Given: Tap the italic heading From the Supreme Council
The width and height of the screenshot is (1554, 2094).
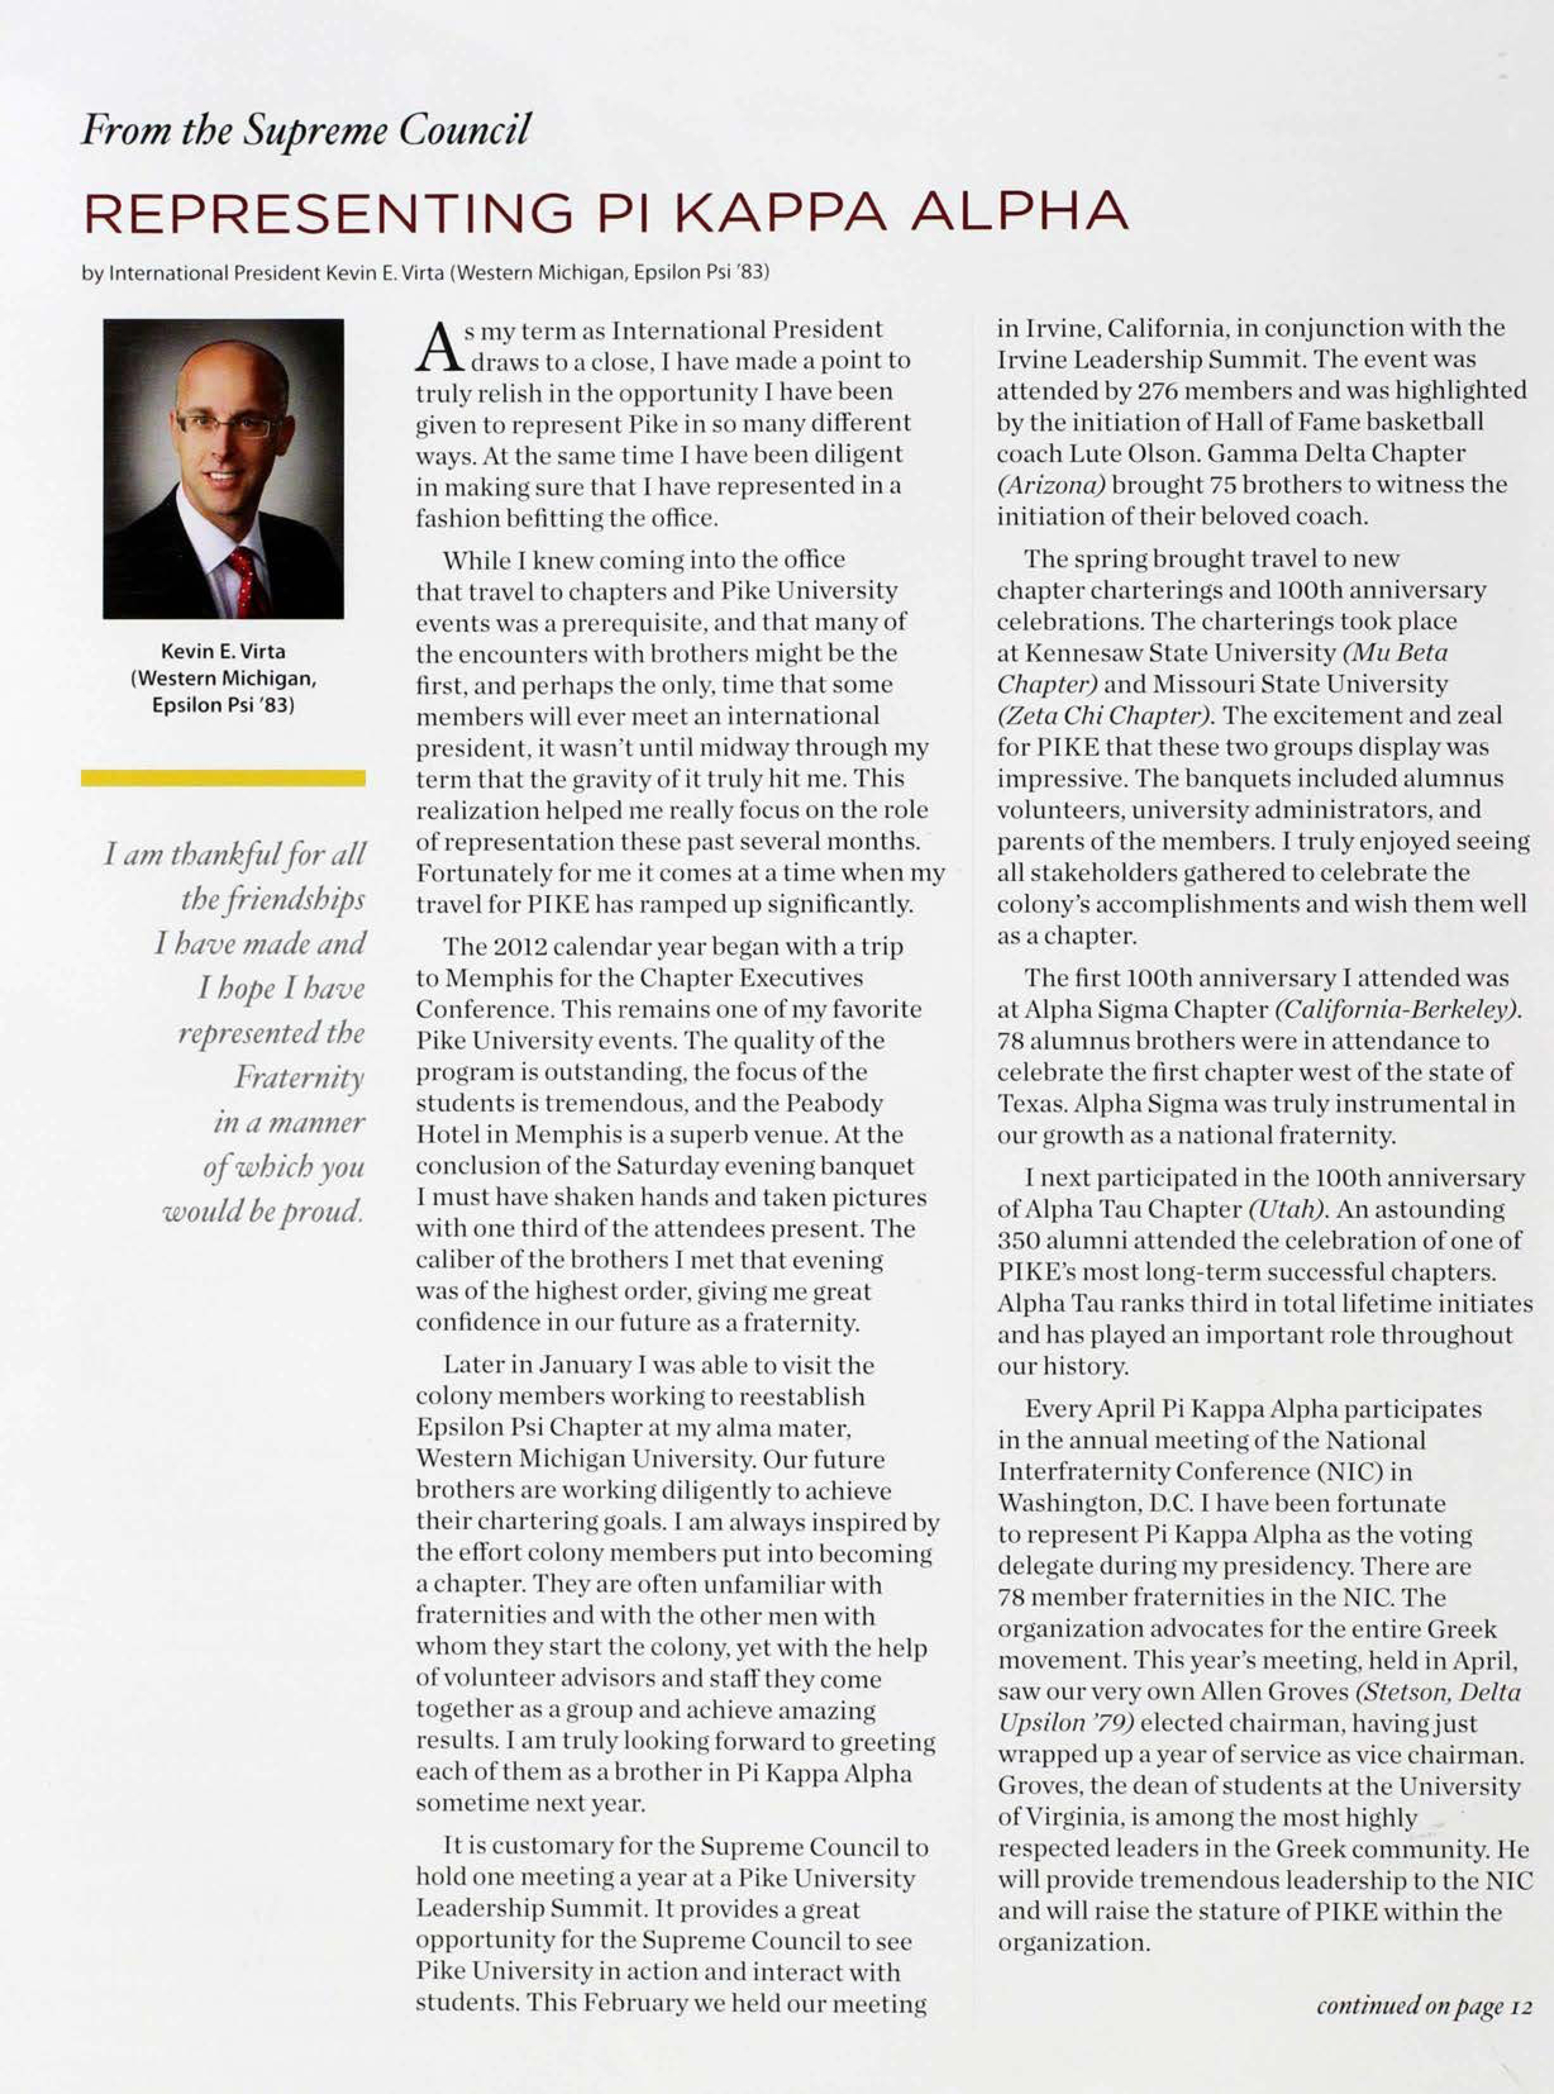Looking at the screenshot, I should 306,130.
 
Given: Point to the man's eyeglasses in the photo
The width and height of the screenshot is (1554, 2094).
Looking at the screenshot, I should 228,426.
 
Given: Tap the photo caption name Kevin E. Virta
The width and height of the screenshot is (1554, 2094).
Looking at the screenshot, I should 223,651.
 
